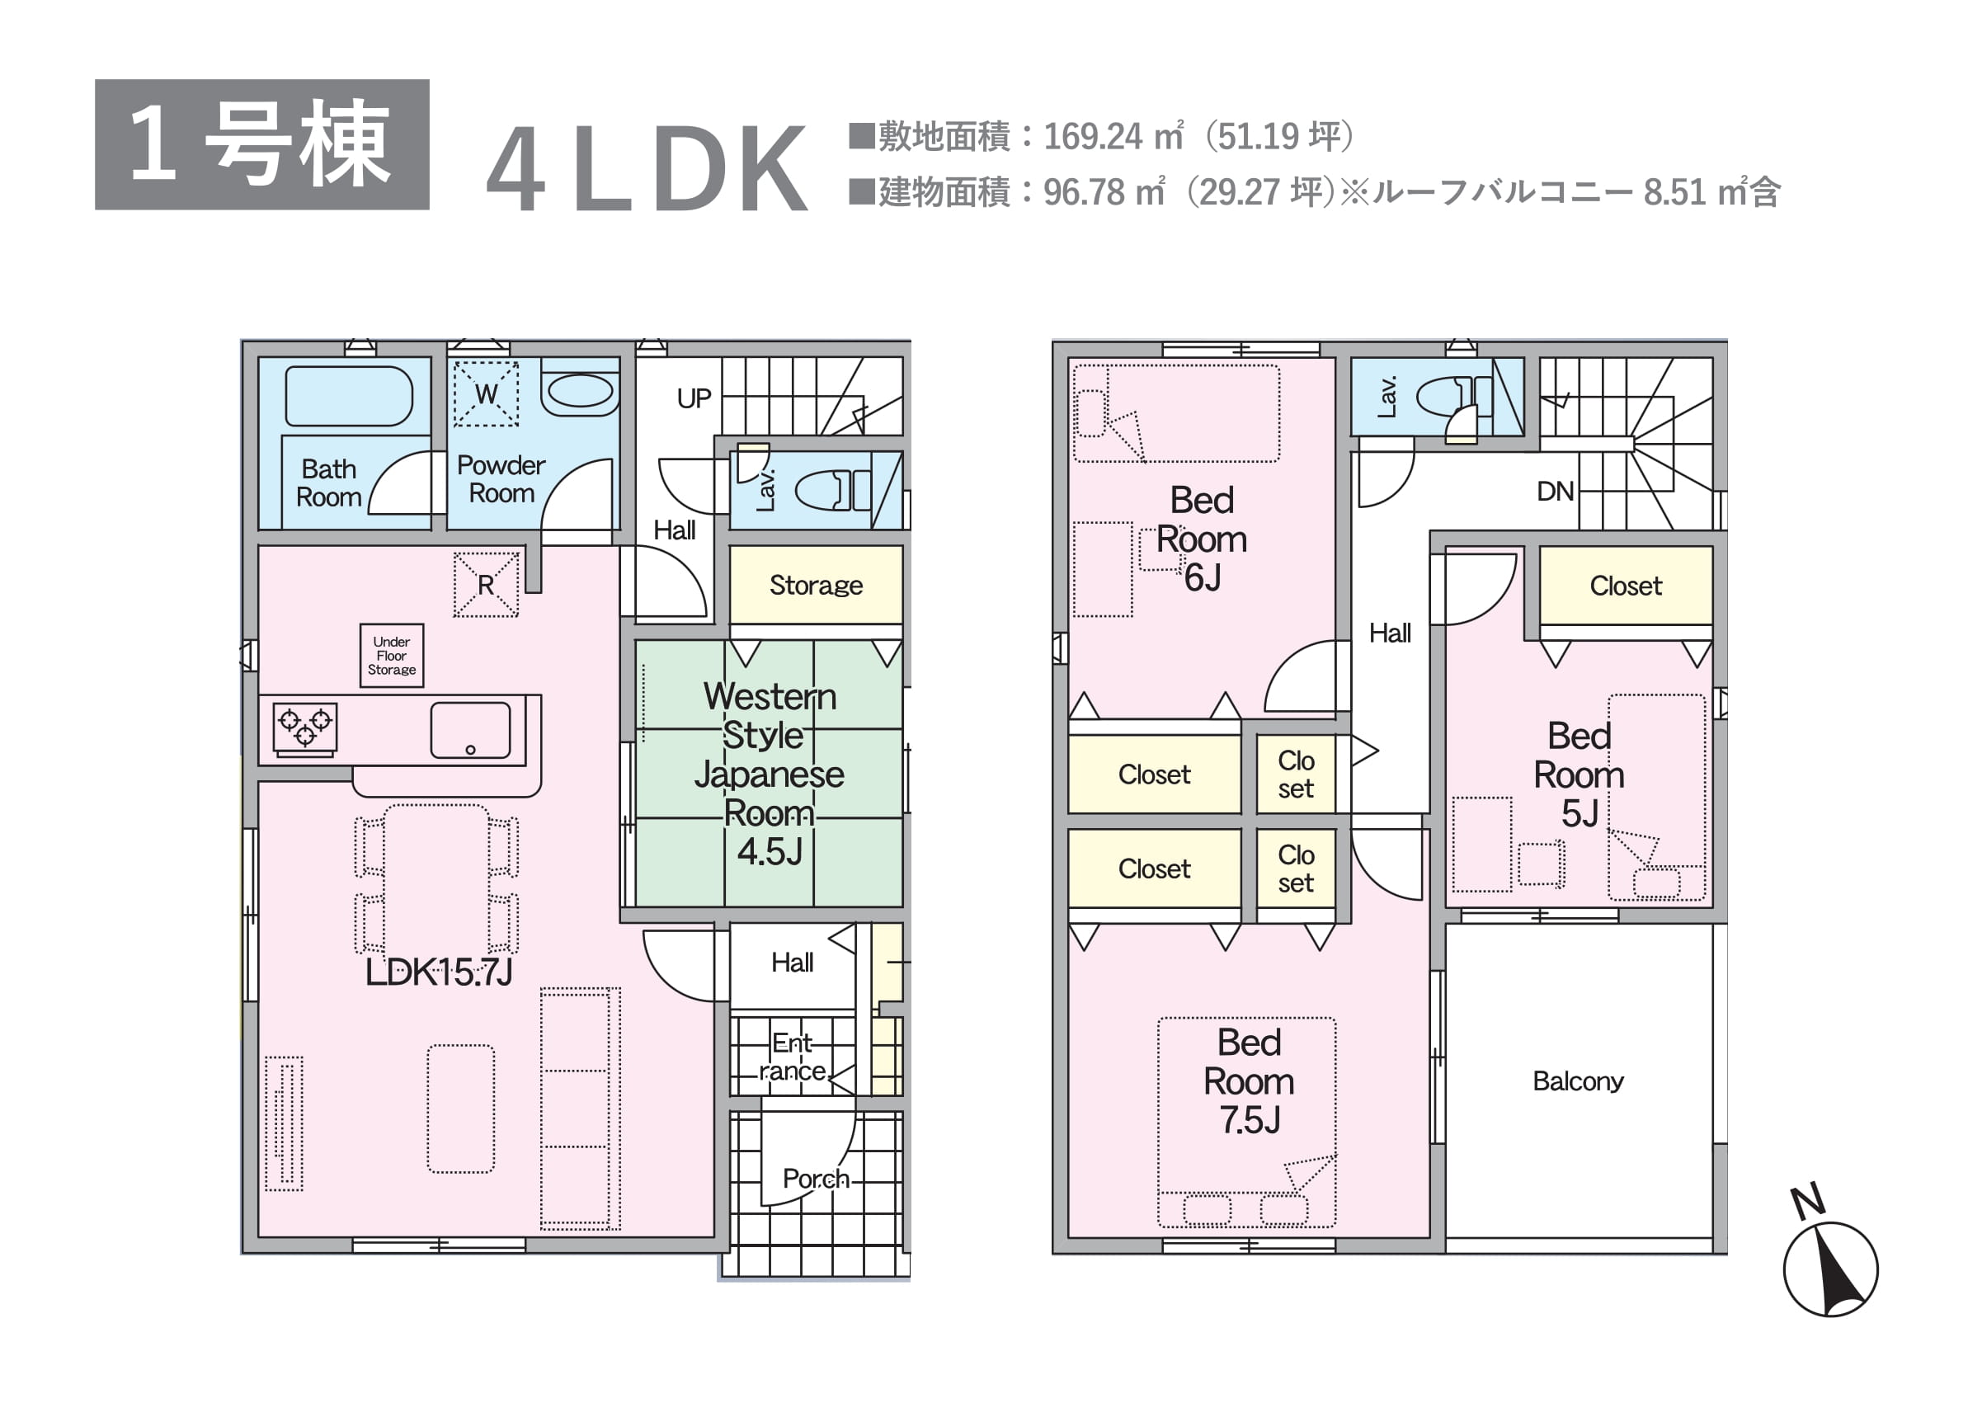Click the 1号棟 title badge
(x=261, y=144)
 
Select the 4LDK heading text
(x=648, y=169)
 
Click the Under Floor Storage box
(x=391, y=656)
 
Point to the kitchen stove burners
(x=305, y=726)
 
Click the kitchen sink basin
(x=470, y=730)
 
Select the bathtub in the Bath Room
(x=348, y=397)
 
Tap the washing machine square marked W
(x=487, y=394)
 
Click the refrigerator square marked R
(x=487, y=585)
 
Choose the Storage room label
(x=816, y=585)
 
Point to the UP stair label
(x=694, y=398)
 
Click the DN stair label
(x=1555, y=492)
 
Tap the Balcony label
(x=1578, y=1080)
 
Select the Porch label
(x=816, y=1179)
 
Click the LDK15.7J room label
(x=439, y=972)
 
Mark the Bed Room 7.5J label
(x=1250, y=1080)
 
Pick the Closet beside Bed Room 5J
(x=1626, y=585)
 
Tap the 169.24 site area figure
(x=1095, y=136)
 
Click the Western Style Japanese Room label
(x=769, y=773)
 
